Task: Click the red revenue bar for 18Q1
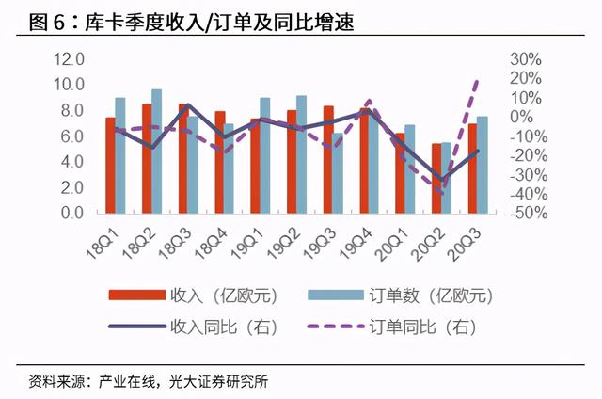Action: pos(110,166)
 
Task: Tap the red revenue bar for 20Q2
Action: pos(436,179)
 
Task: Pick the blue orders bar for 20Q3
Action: pos(483,166)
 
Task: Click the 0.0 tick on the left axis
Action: pos(72,214)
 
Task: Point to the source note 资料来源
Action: pos(150,382)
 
